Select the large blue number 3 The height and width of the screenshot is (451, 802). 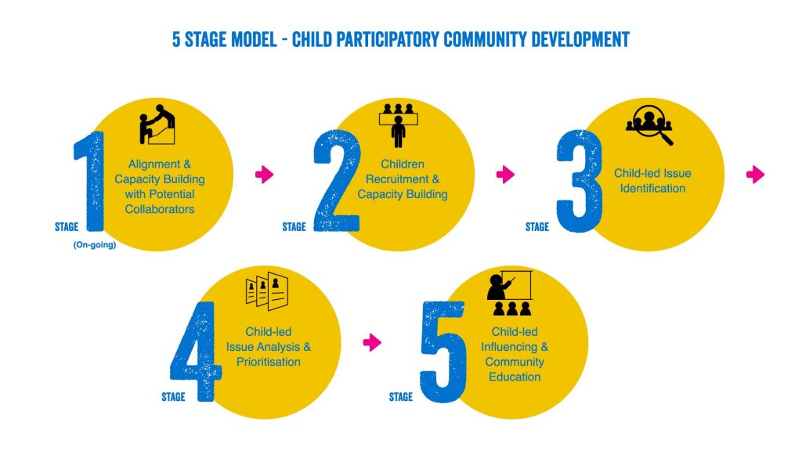[580, 182]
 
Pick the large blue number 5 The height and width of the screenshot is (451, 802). [443, 352]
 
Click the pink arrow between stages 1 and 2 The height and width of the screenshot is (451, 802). [265, 175]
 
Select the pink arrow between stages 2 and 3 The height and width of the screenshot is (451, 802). [505, 175]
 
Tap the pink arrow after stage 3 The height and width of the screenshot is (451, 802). [756, 175]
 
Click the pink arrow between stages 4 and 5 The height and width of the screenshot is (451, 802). [372, 342]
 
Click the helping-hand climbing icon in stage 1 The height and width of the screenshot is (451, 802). [157, 124]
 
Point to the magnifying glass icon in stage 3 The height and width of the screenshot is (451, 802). [649, 125]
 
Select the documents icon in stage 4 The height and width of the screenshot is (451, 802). [267, 291]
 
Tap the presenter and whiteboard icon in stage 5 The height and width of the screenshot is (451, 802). [509, 293]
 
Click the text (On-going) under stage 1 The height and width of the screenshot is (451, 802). [95, 245]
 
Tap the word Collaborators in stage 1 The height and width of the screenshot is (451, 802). [160, 209]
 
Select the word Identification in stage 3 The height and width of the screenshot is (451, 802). [652, 188]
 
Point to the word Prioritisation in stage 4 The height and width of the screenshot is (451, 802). [269, 362]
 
